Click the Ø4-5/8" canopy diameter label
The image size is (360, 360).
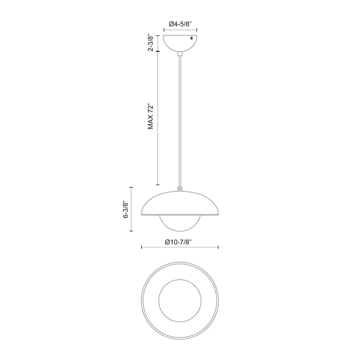point(179,23)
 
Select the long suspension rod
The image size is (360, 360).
point(179,118)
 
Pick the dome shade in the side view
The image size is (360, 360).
point(179,203)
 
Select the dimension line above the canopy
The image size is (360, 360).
point(179,31)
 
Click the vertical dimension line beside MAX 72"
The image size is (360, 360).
point(158,118)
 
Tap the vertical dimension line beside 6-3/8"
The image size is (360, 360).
point(132,209)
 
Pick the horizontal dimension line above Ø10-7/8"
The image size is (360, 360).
point(179,247)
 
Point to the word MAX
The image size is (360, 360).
point(151,124)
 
